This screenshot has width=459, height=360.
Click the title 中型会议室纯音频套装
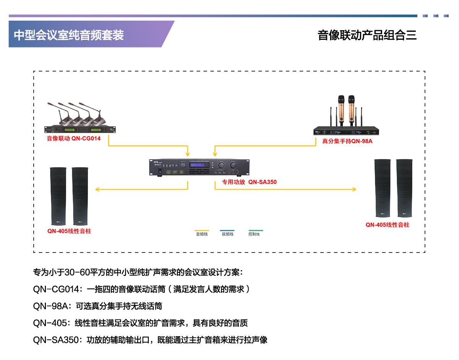click(x=69, y=35)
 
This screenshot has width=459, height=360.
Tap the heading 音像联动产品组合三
click(x=367, y=35)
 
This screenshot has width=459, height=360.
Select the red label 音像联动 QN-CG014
click(x=74, y=138)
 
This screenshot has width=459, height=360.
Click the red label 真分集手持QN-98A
click(x=347, y=141)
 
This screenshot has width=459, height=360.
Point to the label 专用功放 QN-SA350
click(x=249, y=182)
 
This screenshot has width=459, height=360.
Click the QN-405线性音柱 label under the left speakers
click(x=69, y=231)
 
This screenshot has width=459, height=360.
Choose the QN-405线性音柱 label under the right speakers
click(x=387, y=225)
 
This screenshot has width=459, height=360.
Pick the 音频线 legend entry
click(x=202, y=234)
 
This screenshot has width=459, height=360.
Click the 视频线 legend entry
click(x=227, y=234)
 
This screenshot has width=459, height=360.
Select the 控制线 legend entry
click(x=254, y=234)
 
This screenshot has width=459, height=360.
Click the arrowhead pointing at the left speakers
click(x=97, y=189)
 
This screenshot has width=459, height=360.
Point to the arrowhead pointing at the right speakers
click(x=354, y=189)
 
